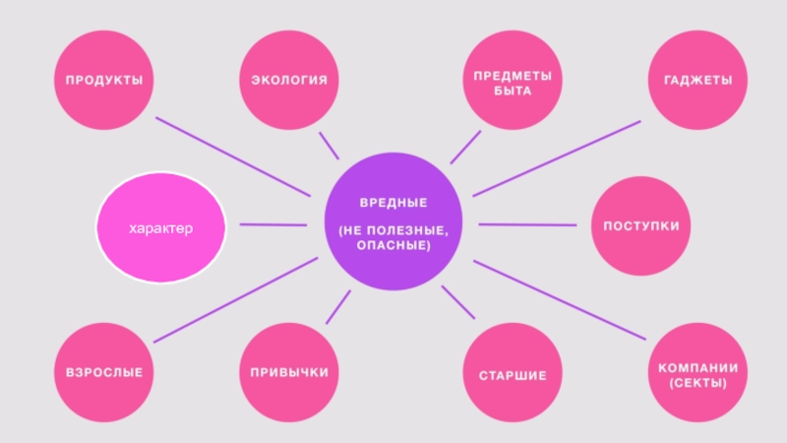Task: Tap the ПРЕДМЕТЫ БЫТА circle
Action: click(513, 82)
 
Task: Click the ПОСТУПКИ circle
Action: click(641, 226)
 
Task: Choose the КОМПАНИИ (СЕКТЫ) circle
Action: click(697, 374)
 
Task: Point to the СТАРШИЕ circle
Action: click(513, 375)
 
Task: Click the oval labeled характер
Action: click(161, 228)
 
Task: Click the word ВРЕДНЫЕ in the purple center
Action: click(393, 203)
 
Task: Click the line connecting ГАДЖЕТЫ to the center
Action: click(556, 158)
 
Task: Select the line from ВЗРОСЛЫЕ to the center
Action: click(236, 300)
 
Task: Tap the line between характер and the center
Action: click(272, 225)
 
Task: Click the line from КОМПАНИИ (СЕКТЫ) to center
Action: click(561, 301)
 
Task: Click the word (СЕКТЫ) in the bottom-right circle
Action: click(697, 382)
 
